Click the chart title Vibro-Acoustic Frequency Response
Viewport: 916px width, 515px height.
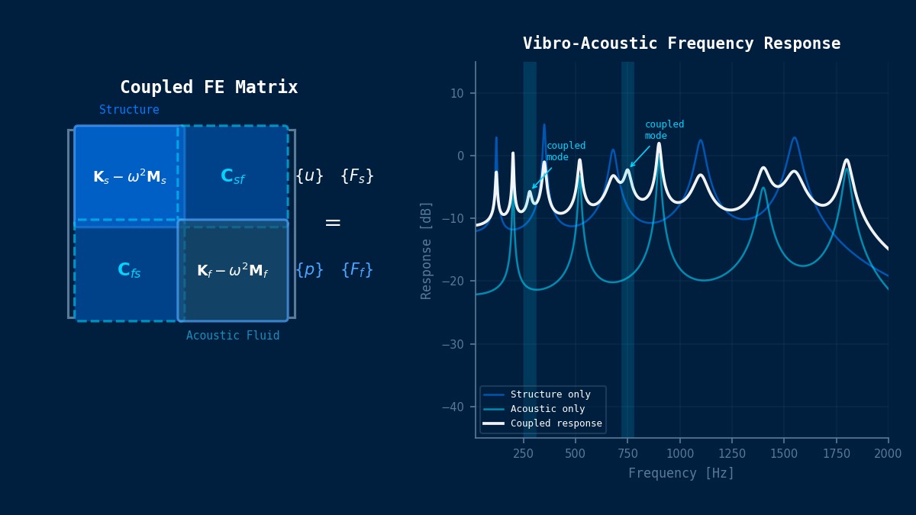coord(681,43)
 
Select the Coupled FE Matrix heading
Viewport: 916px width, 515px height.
coord(208,87)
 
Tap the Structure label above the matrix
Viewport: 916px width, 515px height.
coord(129,110)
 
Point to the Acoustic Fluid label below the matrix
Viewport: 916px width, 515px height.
coord(233,336)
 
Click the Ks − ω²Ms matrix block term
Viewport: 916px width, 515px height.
coord(130,177)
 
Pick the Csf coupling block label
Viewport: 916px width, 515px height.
coord(233,176)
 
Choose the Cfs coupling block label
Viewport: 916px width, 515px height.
coord(129,270)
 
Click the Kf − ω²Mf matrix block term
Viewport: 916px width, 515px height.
coord(233,271)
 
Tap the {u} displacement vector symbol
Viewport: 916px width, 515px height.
coord(309,176)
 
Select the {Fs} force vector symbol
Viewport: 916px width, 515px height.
coord(356,176)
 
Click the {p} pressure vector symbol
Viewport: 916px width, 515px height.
coord(309,270)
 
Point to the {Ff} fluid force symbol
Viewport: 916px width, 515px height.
coord(356,270)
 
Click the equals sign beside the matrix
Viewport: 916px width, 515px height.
coord(333,223)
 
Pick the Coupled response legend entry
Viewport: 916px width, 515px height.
coord(556,423)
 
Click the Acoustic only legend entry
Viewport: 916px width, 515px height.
coord(547,409)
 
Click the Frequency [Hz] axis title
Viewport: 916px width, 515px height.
coord(681,473)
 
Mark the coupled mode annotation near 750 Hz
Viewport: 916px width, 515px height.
coord(664,130)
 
